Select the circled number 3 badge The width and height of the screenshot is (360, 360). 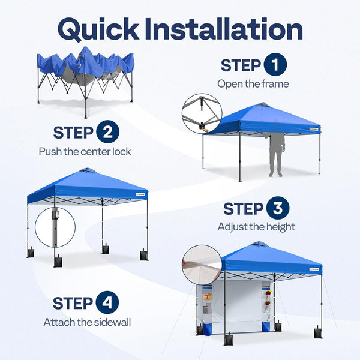tap(277, 208)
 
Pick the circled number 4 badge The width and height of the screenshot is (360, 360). tap(107, 303)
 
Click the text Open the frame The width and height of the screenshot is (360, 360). tap(253, 84)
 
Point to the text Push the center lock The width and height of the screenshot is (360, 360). tap(85, 151)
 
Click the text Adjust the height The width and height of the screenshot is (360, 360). tap(256, 227)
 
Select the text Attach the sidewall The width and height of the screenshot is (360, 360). tap(87, 322)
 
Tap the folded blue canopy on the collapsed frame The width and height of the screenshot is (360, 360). tap(85, 64)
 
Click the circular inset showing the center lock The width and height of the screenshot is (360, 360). tap(202, 113)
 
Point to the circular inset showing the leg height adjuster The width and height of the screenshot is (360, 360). tap(55, 226)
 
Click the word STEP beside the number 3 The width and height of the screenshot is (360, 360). tap(244, 209)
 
